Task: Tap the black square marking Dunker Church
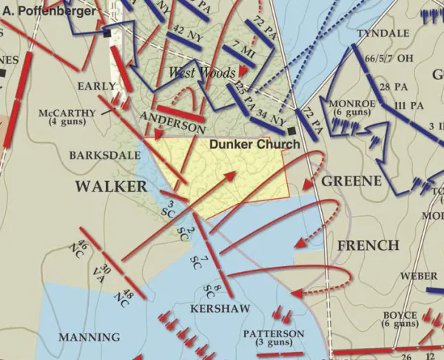point(293,131)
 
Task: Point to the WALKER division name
point(111,186)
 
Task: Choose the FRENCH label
point(368,245)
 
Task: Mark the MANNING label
point(89,337)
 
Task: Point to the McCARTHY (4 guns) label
point(67,118)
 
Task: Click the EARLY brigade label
point(97,86)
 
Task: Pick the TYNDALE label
point(383,34)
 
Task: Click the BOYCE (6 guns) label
point(400,319)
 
